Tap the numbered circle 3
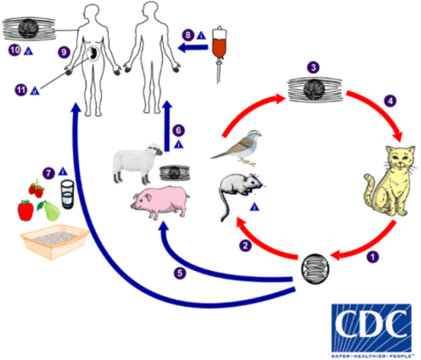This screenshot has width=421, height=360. coord(314,68)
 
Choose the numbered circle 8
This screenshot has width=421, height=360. coord(187,35)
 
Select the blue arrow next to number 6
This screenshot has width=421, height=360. coord(166,122)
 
